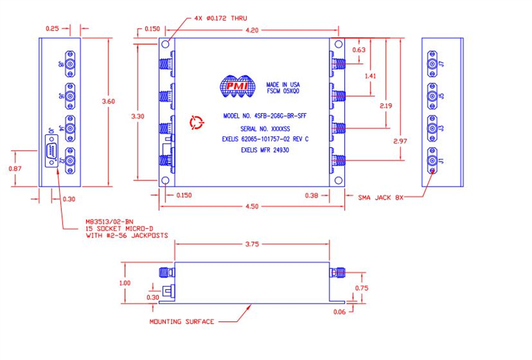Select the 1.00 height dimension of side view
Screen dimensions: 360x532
[x=124, y=281]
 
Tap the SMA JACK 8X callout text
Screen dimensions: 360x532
[x=381, y=197]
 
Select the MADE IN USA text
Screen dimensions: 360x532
[x=284, y=85]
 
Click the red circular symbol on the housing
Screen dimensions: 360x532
[x=195, y=122]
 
